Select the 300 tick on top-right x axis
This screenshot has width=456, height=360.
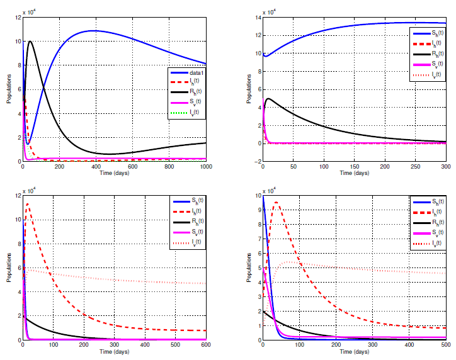click(445, 167)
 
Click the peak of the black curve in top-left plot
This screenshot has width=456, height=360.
click(30, 42)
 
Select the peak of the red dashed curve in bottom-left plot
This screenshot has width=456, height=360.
click(27, 204)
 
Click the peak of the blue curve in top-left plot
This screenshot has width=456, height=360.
click(94, 30)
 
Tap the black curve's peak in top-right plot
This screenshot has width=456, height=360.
click(269, 98)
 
